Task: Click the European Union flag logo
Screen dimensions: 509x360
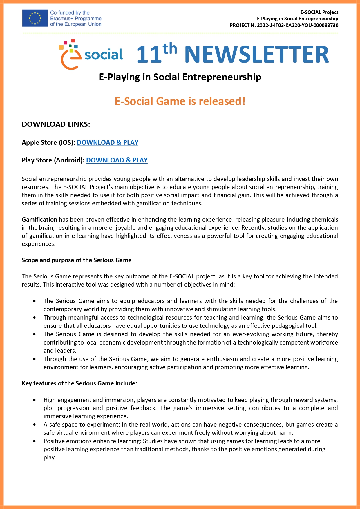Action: tap(35, 18)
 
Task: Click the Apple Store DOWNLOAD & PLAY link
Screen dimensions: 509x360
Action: tap(107, 142)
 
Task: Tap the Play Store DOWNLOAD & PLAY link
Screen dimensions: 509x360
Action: tap(117, 160)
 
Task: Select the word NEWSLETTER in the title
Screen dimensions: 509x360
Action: tap(256, 54)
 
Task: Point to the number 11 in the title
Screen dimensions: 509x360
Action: tap(149, 55)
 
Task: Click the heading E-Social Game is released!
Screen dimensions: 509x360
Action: tap(180, 101)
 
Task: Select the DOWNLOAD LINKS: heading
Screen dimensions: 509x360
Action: tap(56, 124)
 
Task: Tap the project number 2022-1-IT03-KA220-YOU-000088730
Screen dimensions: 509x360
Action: tap(297, 25)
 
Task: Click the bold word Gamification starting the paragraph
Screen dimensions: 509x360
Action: tap(39, 220)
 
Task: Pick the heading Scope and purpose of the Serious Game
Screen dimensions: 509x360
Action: tap(77, 260)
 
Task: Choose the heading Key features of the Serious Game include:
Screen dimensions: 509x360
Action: tap(79, 383)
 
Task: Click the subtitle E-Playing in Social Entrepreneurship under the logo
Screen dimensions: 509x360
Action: tap(180, 77)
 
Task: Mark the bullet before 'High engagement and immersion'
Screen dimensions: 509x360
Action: tap(35, 400)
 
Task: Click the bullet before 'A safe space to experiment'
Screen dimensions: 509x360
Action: tap(35, 425)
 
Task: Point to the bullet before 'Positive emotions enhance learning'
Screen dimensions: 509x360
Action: tap(35, 441)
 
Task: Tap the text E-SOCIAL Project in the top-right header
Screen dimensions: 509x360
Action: tap(319, 12)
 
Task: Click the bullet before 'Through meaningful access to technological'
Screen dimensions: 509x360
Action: tap(35, 318)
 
